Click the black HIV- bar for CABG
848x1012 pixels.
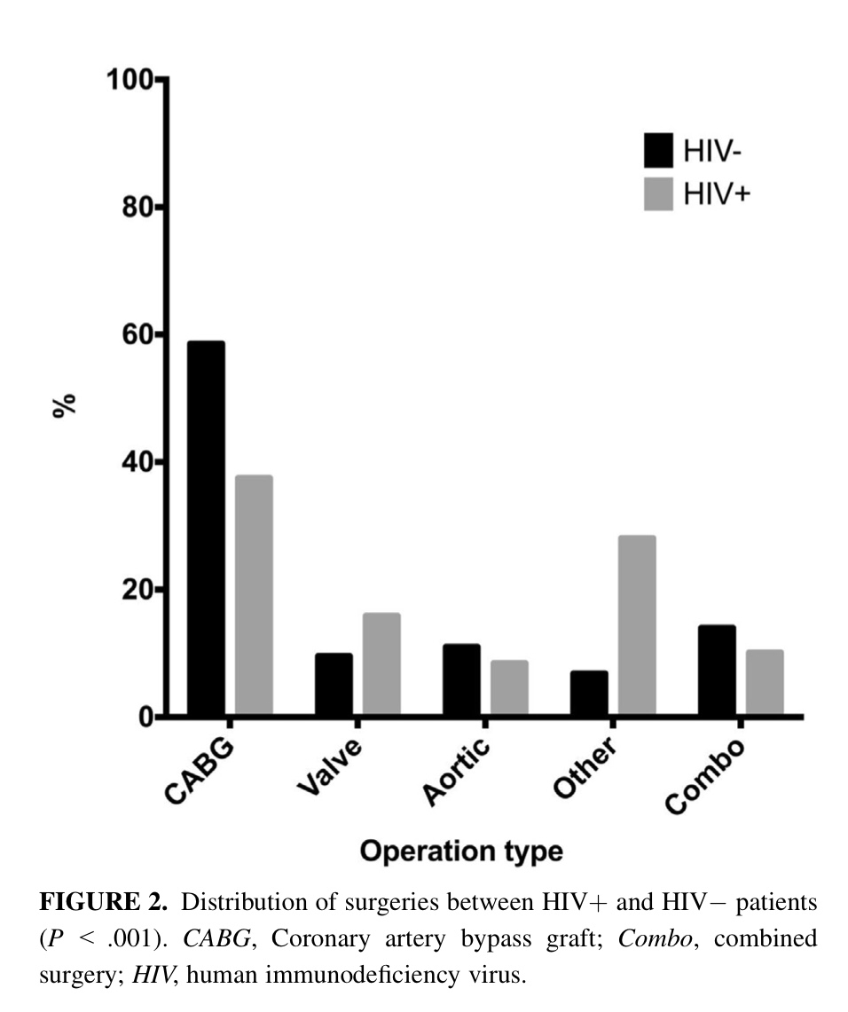[205, 529]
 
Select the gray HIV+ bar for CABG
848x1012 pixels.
[254, 595]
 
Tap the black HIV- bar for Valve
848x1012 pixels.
[334, 684]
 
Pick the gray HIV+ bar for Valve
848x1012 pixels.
[381, 664]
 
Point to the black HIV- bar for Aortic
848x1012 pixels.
[461, 679]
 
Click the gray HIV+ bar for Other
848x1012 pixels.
[637, 625]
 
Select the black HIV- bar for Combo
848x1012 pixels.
[717, 670]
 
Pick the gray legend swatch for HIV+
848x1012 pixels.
[658, 192]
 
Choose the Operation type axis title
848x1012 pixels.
[460, 851]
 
